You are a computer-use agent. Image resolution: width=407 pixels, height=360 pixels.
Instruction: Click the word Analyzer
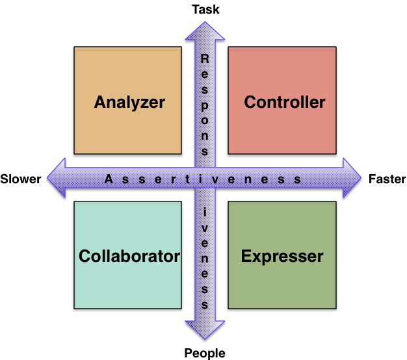(x=129, y=102)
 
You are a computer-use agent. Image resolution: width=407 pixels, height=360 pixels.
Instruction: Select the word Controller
(x=284, y=102)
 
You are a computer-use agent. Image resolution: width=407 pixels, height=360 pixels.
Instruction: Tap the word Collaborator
(x=129, y=256)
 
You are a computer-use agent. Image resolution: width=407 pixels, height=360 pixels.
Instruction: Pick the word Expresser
(x=282, y=256)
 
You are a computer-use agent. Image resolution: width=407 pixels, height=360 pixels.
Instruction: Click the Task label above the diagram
(x=205, y=9)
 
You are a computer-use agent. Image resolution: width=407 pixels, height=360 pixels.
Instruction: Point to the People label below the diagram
(x=205, y=353)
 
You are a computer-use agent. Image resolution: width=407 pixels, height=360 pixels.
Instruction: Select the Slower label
(x=21, y=179)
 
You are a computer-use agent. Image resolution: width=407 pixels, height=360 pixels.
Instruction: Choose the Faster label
(x=387, y=179)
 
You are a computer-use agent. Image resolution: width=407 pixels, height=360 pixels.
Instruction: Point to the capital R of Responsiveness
(x=205, y=58)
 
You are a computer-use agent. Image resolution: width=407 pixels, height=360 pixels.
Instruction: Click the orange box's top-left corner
(x=74, y=47)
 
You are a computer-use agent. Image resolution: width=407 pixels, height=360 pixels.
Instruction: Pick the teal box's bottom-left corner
(x=74, y=309)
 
